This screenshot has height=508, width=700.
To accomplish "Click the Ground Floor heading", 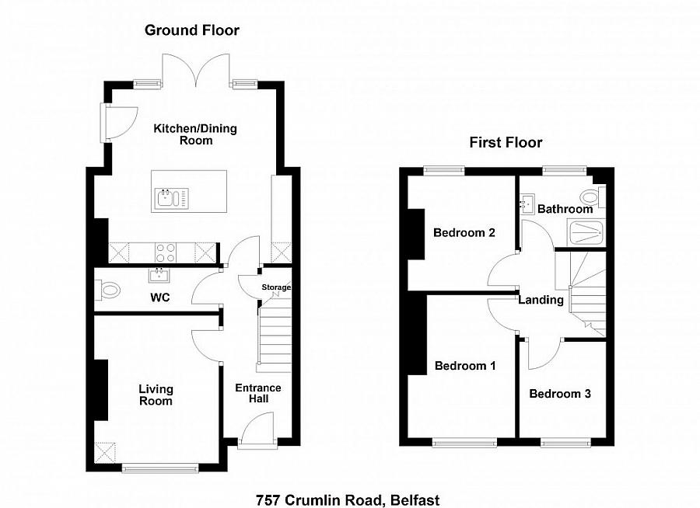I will (192, 30).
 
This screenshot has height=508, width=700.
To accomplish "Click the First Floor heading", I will (506, 142).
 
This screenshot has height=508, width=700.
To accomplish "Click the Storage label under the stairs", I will (275, 287).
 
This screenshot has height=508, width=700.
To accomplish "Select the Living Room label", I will (156, 395).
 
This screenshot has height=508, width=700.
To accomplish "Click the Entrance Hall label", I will (258, 393).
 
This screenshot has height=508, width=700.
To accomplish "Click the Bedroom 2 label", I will (464, 232).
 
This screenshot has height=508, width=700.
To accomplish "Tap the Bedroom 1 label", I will (465, 366).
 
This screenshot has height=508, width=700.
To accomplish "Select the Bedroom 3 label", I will (560, 394).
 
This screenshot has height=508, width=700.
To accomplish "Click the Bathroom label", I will (565, 209).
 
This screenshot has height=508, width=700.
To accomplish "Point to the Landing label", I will (541, 300).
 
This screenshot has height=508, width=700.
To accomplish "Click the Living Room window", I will (149, 468).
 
